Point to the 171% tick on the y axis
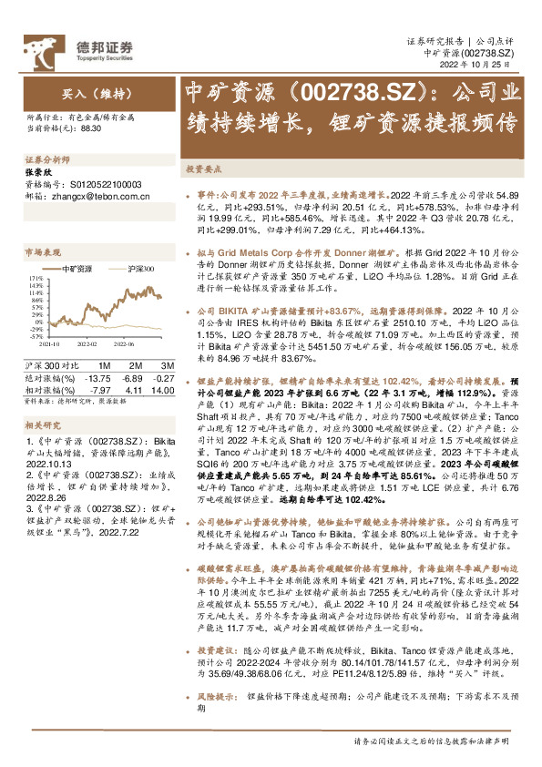[x=36, y=277]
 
